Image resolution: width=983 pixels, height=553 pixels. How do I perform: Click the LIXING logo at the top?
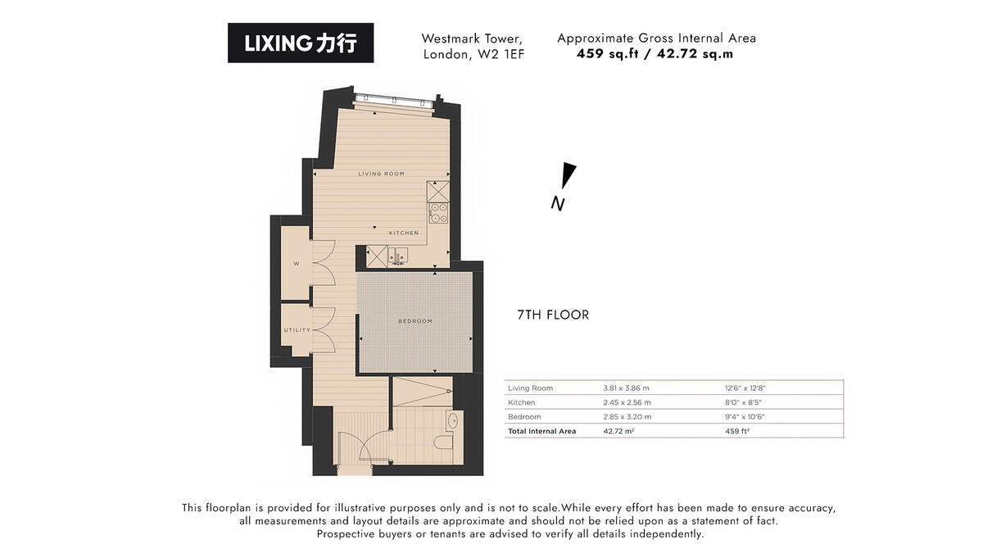click(301, 43)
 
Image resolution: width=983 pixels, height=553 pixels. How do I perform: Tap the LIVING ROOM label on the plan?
click(382, 174)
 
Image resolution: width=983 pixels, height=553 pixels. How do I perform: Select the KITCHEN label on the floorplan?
click(404, 233)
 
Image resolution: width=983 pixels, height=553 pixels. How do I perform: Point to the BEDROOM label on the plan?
click(415, 321)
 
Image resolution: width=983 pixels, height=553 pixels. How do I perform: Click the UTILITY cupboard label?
click(297, 330)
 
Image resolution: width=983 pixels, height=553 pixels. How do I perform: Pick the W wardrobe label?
click(297, 264)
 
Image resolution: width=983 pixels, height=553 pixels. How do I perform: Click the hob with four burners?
click(438, 213)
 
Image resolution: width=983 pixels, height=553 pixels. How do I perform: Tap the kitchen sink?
click(398, 256)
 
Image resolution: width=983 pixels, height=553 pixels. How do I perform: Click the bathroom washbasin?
click(452, 421)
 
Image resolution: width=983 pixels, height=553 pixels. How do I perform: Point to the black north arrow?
click(569, 175)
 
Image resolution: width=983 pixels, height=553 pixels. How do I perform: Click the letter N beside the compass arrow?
click(558, 204)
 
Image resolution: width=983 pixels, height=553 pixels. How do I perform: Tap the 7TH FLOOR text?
click(553, 315)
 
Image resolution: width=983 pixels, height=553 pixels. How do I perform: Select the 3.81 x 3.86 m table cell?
click(626, 388)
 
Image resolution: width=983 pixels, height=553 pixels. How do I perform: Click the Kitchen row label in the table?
click(522, 402)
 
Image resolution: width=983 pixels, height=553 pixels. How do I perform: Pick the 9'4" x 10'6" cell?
click(745, 416)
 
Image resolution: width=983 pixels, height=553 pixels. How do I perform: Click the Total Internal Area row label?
click(542, 431)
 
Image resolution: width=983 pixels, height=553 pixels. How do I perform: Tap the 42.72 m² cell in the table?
click(618, 431)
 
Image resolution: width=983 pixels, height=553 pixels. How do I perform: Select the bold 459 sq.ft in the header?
click(607, 53)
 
